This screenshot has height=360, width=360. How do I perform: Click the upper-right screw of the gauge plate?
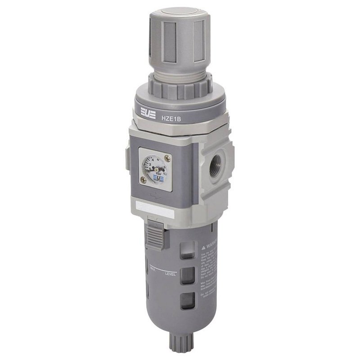click(168, 158)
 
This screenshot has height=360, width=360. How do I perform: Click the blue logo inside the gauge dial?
click(157, 179)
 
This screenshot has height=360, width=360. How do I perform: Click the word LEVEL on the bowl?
click(171, 274)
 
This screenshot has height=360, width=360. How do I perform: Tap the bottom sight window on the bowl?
click(188, 301)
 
